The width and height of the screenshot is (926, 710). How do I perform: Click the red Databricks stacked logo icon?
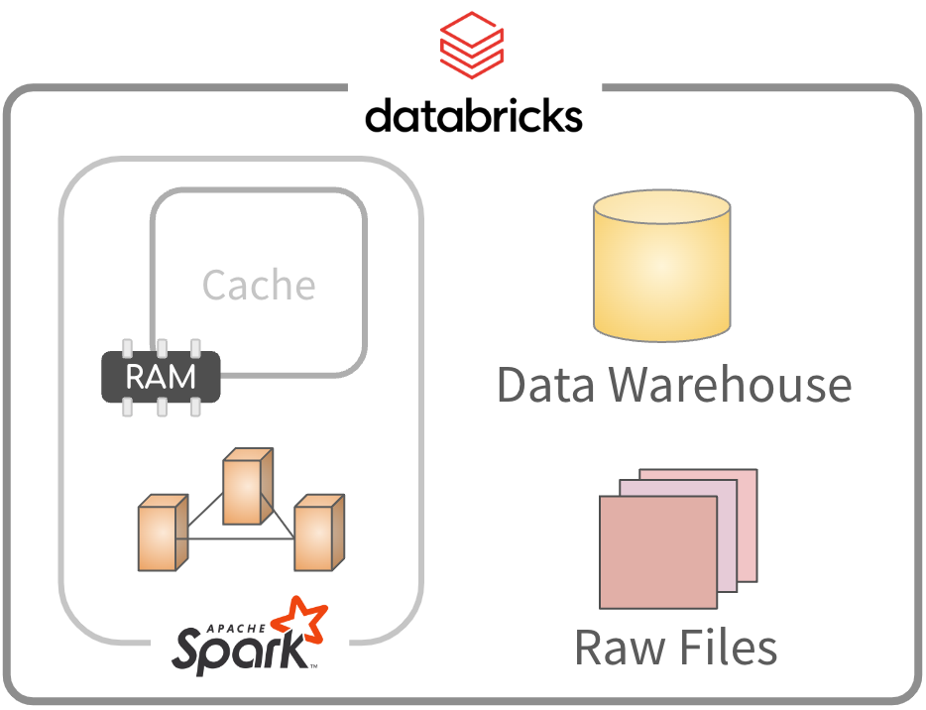coord(473,46)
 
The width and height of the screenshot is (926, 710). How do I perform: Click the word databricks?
coord(473,115)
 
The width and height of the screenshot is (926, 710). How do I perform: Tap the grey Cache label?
coord(259,286)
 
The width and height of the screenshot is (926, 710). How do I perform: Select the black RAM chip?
coord(161,377)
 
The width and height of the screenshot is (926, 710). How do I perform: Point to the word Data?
coord(547,385)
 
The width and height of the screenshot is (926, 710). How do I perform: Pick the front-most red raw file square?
coord(657,550)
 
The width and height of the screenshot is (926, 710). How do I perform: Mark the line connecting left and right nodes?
coord(238,538)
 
